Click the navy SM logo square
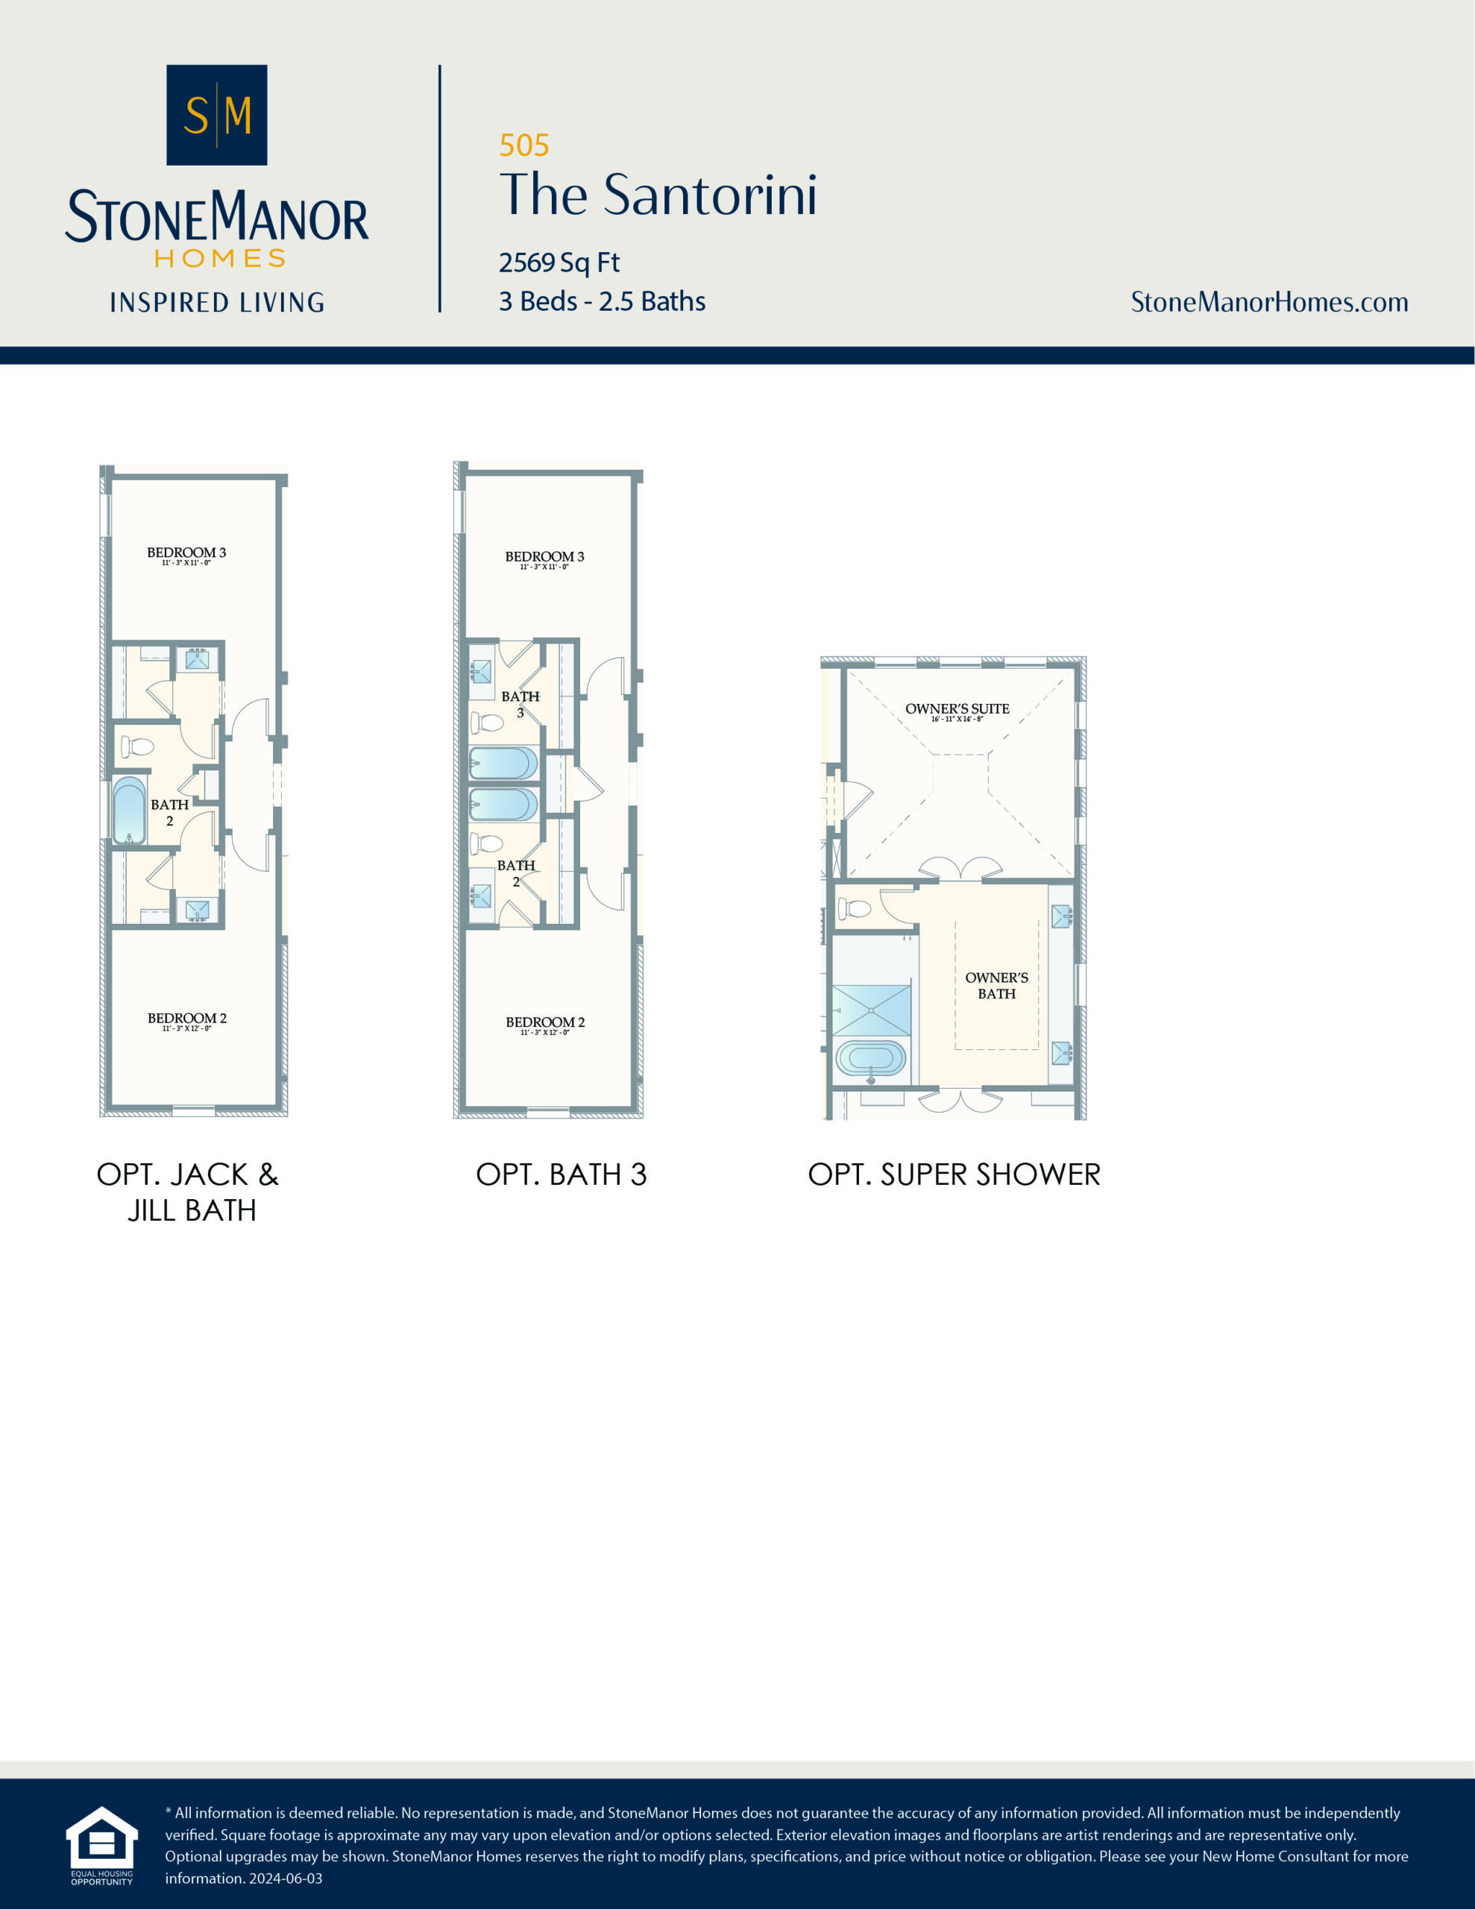tap(216, 115)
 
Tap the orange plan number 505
tap(523, 145)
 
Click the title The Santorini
tap(658, 194)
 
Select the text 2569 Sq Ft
tap(559, 262)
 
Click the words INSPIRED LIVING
tap(217, 303)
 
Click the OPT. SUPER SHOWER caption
tap(954, 1174)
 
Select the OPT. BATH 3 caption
tap(561, 1174)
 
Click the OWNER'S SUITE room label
tap(957, 709)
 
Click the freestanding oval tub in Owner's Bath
tap(870, 1058)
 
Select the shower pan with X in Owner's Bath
tap(871, 1010)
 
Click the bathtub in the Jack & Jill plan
tap(130, 811)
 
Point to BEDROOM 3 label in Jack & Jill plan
tap(186, 553)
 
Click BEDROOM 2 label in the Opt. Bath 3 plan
tap(544, 1022)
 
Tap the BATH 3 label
tap(521, 704)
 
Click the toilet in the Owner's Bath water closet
tap(855, 909)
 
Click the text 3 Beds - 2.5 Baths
tap(602, 301)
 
